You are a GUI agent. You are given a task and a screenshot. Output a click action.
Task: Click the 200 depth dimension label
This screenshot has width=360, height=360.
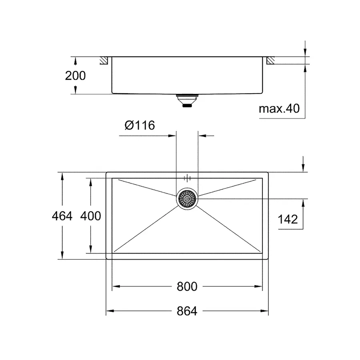[75, 75]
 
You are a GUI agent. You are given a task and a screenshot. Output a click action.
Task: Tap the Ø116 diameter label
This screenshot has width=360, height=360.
[139, 125]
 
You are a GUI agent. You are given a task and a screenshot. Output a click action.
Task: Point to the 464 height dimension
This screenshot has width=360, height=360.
[62, 216]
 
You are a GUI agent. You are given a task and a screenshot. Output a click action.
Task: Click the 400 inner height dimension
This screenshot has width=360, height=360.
[90, 216]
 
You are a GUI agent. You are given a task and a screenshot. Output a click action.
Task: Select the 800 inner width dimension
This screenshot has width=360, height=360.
[186, 286]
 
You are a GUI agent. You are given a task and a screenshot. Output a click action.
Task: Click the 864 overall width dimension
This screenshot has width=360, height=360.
[186, 311]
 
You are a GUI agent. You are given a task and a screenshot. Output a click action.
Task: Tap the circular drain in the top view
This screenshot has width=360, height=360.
[186, 198]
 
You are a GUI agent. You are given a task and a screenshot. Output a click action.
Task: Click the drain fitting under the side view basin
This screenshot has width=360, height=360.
[186, 100]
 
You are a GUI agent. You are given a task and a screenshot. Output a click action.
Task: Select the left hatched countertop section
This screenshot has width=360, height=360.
[104, 60]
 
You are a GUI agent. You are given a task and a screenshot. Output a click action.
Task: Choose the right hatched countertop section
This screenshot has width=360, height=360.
[270, 60]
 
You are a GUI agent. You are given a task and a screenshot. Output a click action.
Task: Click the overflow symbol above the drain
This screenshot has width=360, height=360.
[187, 178]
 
